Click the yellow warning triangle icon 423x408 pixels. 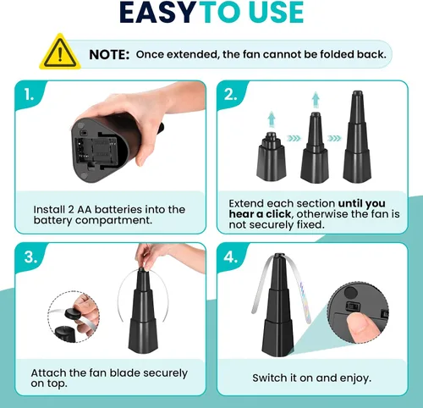(59, 52)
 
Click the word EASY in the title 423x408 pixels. (157, 13)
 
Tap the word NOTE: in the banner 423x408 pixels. (109, 54)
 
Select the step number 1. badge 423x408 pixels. (29, 94)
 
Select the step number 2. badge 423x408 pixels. (231, 95)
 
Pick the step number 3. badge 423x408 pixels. (30, 257)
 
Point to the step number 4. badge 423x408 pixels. (231, 257)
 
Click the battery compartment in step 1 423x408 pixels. (96, 152)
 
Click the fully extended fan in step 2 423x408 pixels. (357, 136)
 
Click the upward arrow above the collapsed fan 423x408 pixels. (272, 119)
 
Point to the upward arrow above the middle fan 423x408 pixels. (316, 99)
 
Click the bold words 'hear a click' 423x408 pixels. (260, 214)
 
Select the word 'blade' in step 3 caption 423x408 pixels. (124, 373)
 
